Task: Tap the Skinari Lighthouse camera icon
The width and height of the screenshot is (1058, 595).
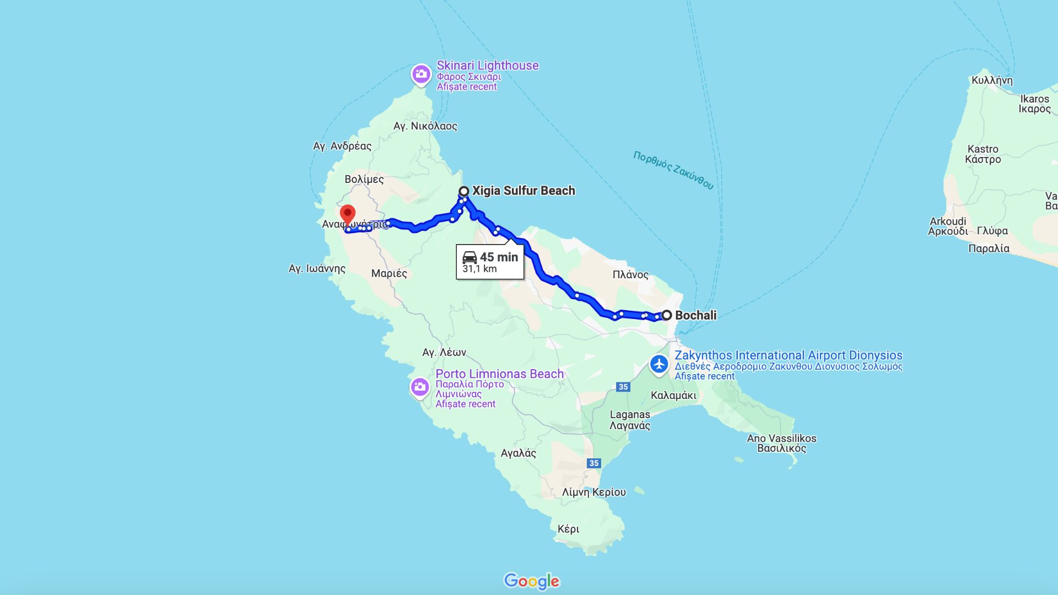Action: tap(421, 74)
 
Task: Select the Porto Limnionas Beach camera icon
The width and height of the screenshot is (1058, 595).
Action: tap(420, 387)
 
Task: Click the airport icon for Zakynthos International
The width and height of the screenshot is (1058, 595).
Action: tap(658, 364)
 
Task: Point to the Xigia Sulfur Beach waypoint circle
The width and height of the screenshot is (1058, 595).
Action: tap(464, 191)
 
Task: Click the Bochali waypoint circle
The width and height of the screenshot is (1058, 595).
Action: tap(667, 315)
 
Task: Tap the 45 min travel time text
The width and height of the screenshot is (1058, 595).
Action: tap(499, 257)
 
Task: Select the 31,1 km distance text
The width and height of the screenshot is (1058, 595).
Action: tap(479, 269)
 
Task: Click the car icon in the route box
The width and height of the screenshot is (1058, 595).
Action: tap(469, 257)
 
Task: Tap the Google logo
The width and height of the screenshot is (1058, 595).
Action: tap(531, 581)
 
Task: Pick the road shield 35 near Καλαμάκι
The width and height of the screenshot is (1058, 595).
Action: tap(623, 387)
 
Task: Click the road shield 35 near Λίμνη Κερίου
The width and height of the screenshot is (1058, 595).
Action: tap(593, 463)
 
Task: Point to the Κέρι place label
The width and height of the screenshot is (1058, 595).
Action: tap(568, 529)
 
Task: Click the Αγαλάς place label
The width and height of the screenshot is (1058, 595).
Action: tap(518, 453)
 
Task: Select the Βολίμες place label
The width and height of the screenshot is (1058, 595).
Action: tap(364, 179)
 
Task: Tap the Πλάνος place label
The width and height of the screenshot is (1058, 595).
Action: tap(630, 274)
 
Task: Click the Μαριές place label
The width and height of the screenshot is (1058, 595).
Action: tap(389, 273)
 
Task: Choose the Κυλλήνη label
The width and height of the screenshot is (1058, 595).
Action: tap(992, 80)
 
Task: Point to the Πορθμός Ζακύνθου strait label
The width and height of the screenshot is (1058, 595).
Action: tap(673, 170)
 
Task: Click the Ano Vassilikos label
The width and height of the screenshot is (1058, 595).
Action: tap(781, 439)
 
